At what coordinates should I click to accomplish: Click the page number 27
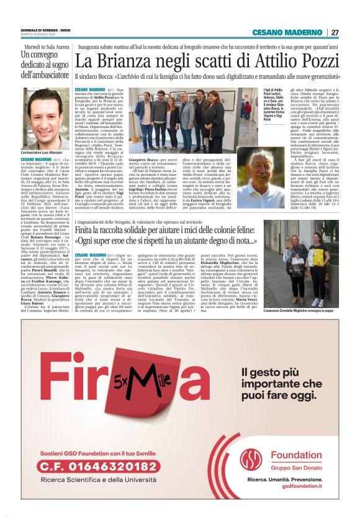335,32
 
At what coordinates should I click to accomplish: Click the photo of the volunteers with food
302,268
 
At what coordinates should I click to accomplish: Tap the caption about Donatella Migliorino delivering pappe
300,310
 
